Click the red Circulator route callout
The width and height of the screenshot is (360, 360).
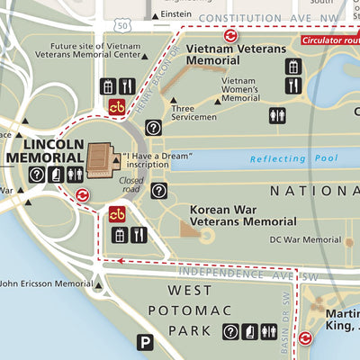329,39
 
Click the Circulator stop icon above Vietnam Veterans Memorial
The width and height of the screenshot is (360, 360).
231,35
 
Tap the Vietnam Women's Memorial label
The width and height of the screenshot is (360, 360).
240,89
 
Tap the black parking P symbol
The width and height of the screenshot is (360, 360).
145,341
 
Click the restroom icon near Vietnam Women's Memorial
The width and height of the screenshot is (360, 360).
277,115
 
